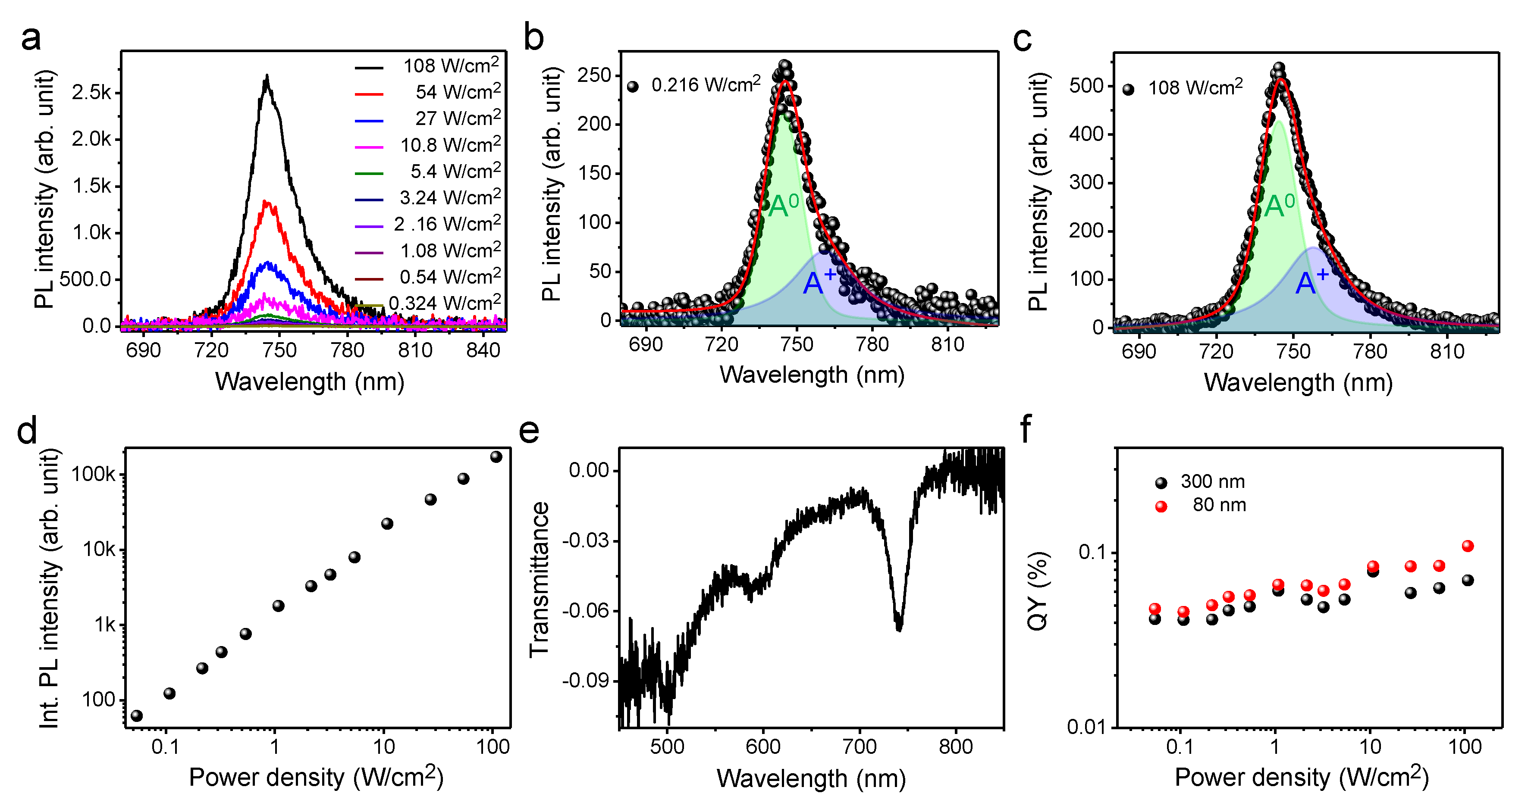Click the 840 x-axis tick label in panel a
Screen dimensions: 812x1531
tap(483, 350)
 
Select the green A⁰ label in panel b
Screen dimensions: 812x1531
tap(783, 206)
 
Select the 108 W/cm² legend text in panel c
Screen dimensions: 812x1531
tap(1195, 88)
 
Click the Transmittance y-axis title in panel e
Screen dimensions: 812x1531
tap(539, 579)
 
